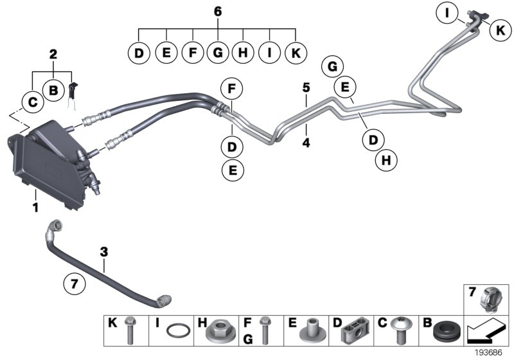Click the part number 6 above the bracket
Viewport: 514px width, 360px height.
(x=218, y=11)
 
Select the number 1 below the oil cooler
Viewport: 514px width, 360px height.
(x=36, y=208)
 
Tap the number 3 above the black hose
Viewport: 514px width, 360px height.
(x=103, y=250)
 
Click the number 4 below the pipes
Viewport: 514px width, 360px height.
(x=306, y=143)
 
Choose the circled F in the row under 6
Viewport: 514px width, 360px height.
(x=191, y=53)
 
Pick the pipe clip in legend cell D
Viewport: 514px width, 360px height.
(x=353, y=332)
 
